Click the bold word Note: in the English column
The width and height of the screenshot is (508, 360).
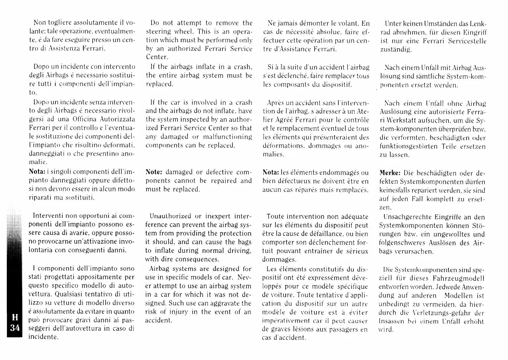point(154,172)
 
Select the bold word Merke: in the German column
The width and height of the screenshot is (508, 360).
point(390,173)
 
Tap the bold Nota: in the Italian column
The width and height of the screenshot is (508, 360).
point(37,171)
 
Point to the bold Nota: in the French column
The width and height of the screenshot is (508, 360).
point(271,172)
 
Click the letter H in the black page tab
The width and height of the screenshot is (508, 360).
point(15,317)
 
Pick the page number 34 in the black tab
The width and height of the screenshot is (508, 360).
point(15,328)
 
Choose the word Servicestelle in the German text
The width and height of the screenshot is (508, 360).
point(467,41)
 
